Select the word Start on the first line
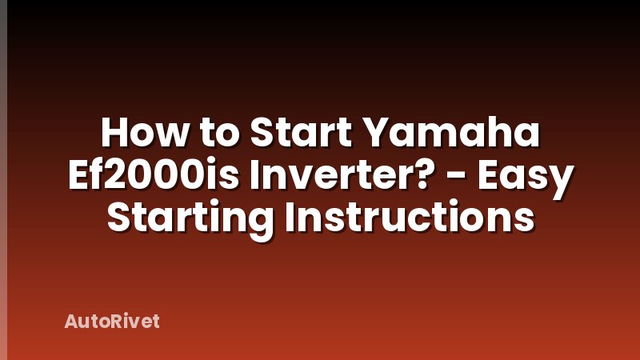pyautogui.click(x=302, y=134)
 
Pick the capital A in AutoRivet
pyautogui.click(x=70, y=322)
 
